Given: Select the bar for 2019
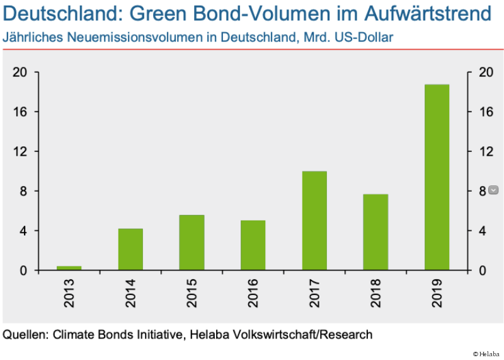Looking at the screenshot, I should [437, 177].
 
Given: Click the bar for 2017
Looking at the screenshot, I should [314, 221].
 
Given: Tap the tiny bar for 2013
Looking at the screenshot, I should [69, 268].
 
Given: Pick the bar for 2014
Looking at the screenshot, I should [130, 249].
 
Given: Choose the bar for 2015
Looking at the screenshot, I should [192, 243].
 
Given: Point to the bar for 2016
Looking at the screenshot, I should [253, 245].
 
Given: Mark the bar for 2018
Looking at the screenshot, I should [375, 232].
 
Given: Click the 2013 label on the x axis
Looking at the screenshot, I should [69, 294].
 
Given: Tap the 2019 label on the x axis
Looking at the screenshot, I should [437, 294].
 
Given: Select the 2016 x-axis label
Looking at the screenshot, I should [253, 294].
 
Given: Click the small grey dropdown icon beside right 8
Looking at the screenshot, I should [493, 190].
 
